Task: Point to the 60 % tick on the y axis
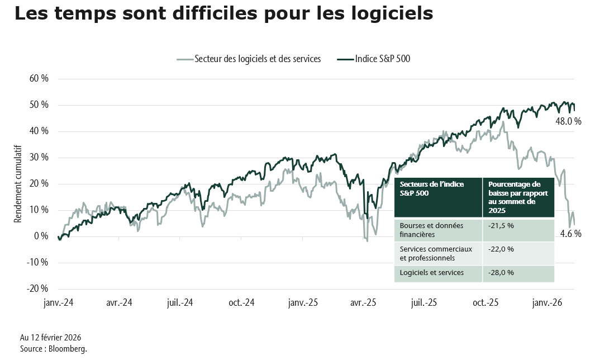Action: [39, 79]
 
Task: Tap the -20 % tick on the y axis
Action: [37, 288]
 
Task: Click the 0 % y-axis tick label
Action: [41, 236]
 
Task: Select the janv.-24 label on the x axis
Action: [59, 302]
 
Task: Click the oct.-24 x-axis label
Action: [241, 302]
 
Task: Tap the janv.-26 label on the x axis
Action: [547, 302]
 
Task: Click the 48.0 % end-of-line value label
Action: [568, 121]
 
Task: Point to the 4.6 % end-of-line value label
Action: [570, 234]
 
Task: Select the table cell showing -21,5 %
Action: [501, 225]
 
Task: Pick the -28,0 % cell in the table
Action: [501, 273]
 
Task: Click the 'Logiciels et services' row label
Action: [431, 273]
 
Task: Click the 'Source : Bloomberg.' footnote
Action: [53, 349]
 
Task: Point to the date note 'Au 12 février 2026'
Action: [50, 338]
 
